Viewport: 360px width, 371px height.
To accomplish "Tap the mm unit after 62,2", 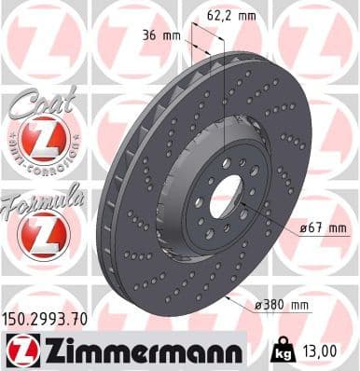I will pos(244,14).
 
